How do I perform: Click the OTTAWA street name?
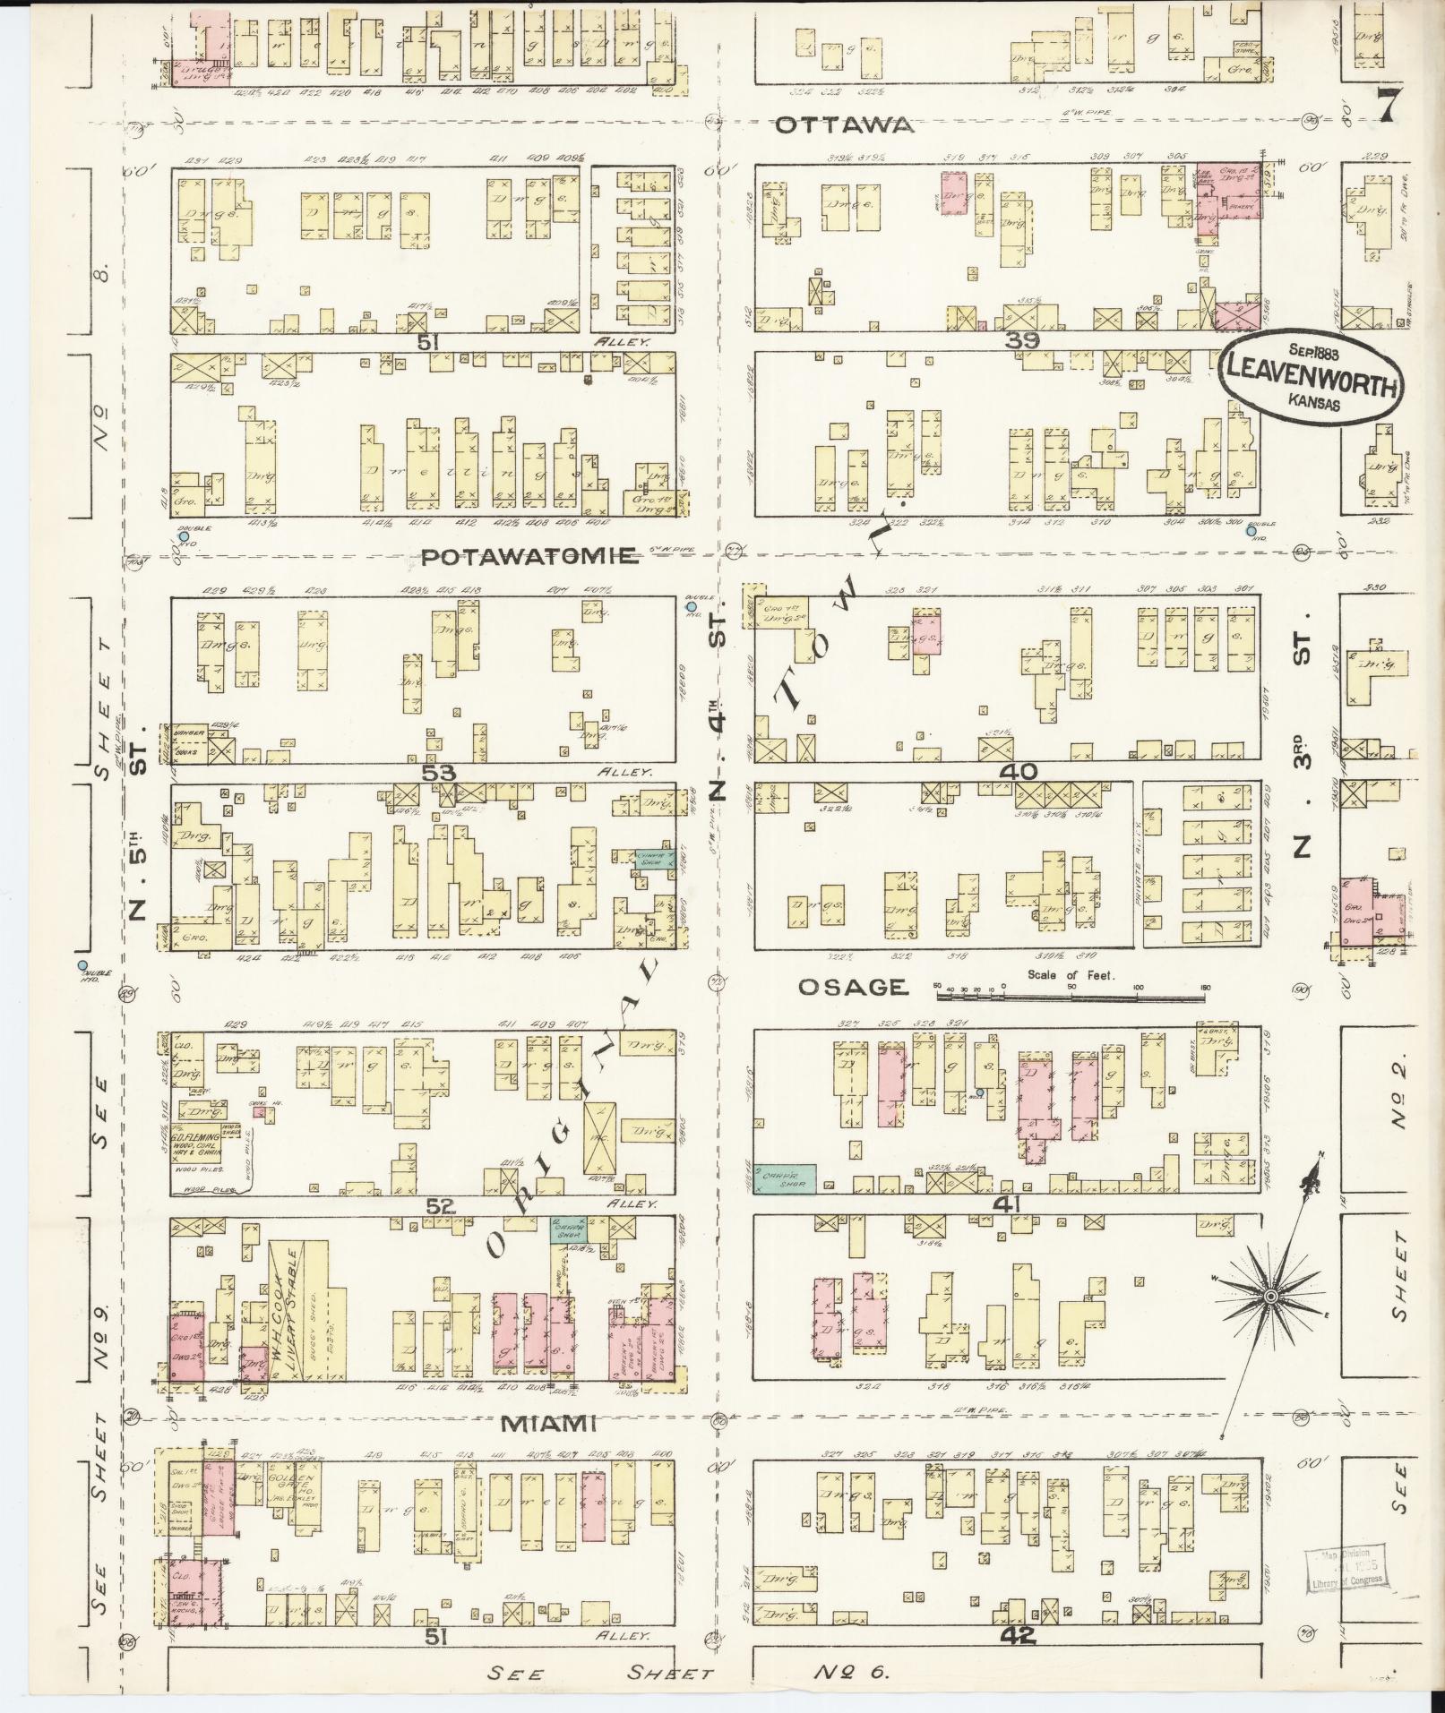[845, 124]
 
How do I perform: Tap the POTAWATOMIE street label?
[530, 557]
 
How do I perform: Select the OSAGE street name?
[852, 986]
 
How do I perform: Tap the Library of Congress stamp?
[1346, 1567]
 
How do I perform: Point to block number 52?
[441, 1206]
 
